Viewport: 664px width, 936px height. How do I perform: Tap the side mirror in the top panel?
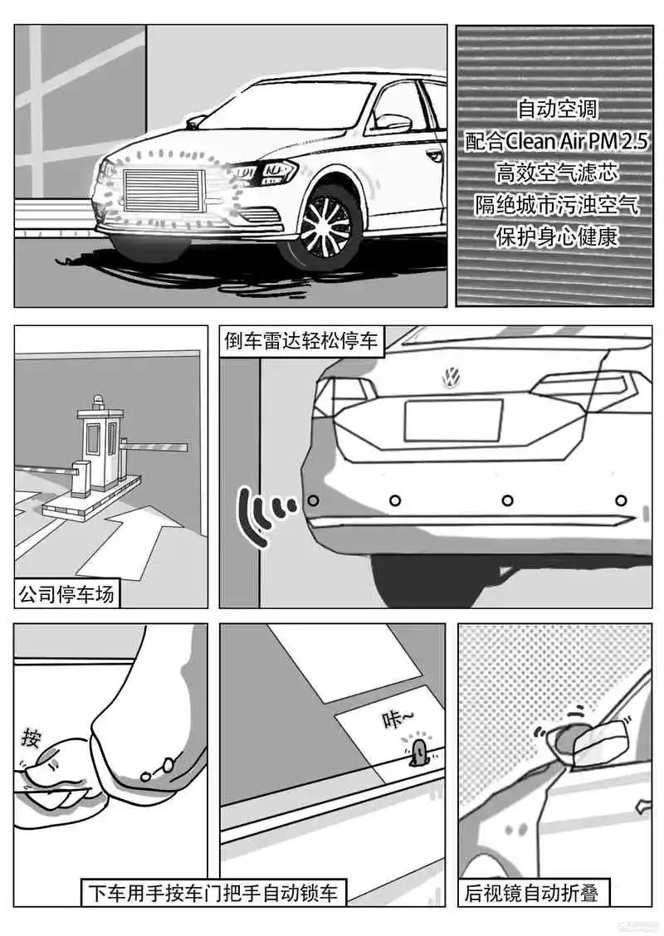point(393,122)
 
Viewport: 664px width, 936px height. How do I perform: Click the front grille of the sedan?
point(161,190)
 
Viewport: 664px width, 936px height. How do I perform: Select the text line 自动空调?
point(557,109)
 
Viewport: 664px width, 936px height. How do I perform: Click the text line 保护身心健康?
point(557,237)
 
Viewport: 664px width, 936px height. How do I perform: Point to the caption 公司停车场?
point(66,594)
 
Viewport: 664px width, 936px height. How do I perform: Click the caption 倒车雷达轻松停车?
point(301,341)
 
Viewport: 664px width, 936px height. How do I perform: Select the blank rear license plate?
point(454,420)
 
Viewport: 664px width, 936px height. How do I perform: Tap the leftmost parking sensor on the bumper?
point(313,500)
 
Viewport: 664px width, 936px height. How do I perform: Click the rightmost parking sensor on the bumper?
point(621,500)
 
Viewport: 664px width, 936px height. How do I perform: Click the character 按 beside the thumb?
point(31,738)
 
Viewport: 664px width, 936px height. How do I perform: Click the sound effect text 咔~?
point(398,719)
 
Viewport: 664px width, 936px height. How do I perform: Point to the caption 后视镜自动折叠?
point(531,893)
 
